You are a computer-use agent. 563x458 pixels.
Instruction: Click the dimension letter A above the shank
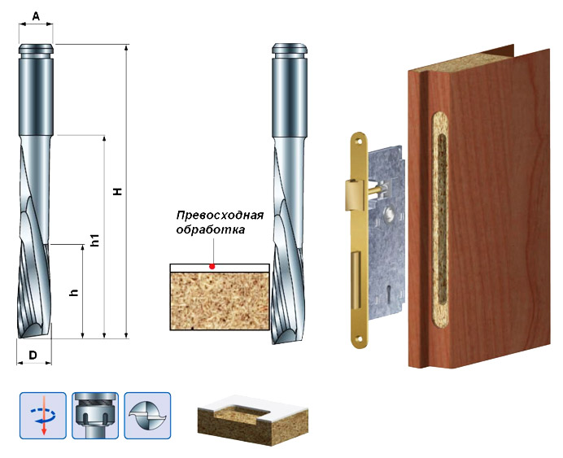pyautogui.click(x=36, y=16)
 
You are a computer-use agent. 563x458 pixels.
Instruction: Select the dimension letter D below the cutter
pyautogui.click(x=33, y=355)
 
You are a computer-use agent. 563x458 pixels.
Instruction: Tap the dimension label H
pyautogui.click(x=117, y=191)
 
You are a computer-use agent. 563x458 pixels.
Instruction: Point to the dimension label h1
pyautogui.click(x=95, y=240)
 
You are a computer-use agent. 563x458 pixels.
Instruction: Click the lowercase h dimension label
pyautogui.click(x=74, y=293)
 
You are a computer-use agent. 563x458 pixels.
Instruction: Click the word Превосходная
pyautogui.click(x=220, y=216)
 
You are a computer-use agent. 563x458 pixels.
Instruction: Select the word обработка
pyautogui.click(x=211, y=229)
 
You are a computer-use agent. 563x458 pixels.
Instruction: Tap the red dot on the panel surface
pyautogui.click(x=212, y=266)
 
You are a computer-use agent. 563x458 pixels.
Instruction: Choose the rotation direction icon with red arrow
pyautogui.click(x=43, y=415)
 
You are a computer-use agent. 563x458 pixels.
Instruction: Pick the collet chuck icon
pyautogui.click(x=95, y=415)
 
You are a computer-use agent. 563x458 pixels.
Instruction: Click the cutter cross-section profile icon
pyautogui.click(x=147, y=415)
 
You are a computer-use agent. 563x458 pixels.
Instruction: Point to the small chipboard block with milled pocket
pyautogui.click(x=253, y=419)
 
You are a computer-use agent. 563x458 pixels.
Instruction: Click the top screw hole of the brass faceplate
pyautogui.click(x=358, y=141)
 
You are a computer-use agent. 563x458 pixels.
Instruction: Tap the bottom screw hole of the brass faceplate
pyautogui.click(x=358, y=338)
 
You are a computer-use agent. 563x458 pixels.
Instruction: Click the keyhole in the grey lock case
pyautogui.click(x=389, y=291)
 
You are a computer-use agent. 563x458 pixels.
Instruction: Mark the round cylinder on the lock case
pyautogui.click(x=389, y=214)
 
